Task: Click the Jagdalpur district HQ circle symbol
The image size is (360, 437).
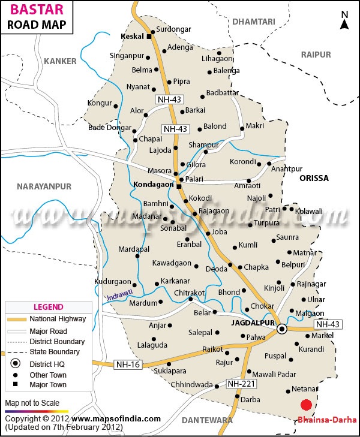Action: pyautogui.click(x=282, y=328)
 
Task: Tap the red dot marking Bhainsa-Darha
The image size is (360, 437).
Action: pyautogui.click(x=307, y=405)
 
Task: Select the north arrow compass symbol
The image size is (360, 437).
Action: pyautogui.click(x=344, y=20)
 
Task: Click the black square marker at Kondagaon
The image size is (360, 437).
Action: pyautogui.click(x=178, y=186)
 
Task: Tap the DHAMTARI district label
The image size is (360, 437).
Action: pyautogui.click(x=253, y=22)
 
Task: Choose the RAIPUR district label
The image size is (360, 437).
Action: pyautogui.click(x=316, y=55)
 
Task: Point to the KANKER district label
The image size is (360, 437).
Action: pyautogui.click(x=61, y=61)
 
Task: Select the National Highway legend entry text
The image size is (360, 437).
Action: pyautogui.click(x=58, y=319)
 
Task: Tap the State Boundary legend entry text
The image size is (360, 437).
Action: pyautogui.click(x=55, y=352)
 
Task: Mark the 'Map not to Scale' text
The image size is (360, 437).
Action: pyautogui.click(x=32, y=403)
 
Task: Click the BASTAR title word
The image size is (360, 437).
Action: pyautogui.click(x=31, y=11)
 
